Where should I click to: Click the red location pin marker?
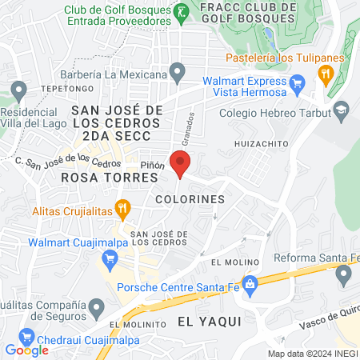tap(181, 163)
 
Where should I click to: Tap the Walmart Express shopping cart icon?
tap(297, 82)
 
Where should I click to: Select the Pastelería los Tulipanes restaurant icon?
tap(325, 74)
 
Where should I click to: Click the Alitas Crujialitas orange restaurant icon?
tap(122, 210)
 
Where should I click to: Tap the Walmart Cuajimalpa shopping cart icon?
tap(110, 258)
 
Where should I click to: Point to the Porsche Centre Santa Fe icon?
tap(250, 282)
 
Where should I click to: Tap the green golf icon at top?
tap(182, 10)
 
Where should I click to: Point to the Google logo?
tap(26, 350)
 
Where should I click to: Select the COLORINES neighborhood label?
tap(190, 197)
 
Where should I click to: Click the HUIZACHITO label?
tap(261, 144)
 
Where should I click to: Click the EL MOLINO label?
tap(231, 262)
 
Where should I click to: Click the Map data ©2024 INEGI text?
tap(313, 354)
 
